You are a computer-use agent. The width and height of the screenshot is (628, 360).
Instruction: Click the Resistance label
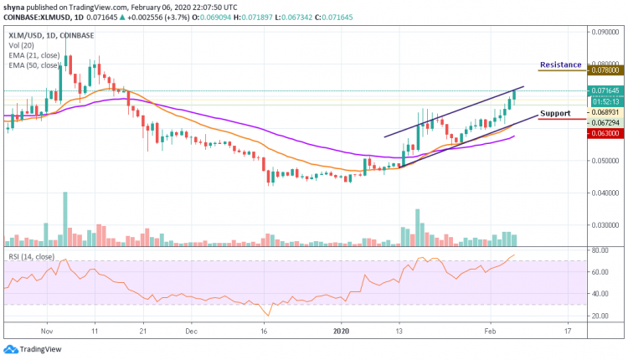click(x=560, y=64)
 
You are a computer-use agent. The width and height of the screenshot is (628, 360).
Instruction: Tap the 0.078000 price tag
click(x=604, y=72)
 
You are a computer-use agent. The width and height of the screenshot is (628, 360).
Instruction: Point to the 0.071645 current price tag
click(x=604, y=90)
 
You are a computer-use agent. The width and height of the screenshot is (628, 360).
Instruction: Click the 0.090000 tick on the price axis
click(x=604, y=31)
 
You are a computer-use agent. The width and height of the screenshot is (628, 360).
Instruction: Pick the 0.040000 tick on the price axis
click(x=604, y=193)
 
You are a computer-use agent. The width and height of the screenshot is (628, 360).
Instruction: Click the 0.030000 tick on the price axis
click(x=604, y=225)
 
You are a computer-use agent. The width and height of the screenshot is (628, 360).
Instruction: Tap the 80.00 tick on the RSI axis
click(x=600, y=250)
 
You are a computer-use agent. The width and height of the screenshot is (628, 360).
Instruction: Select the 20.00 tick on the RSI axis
click(x=600, y=316)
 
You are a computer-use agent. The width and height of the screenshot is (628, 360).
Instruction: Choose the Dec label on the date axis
click(x=190, y=331)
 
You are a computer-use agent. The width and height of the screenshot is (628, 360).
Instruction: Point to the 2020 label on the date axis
click(x=343, y=331)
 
